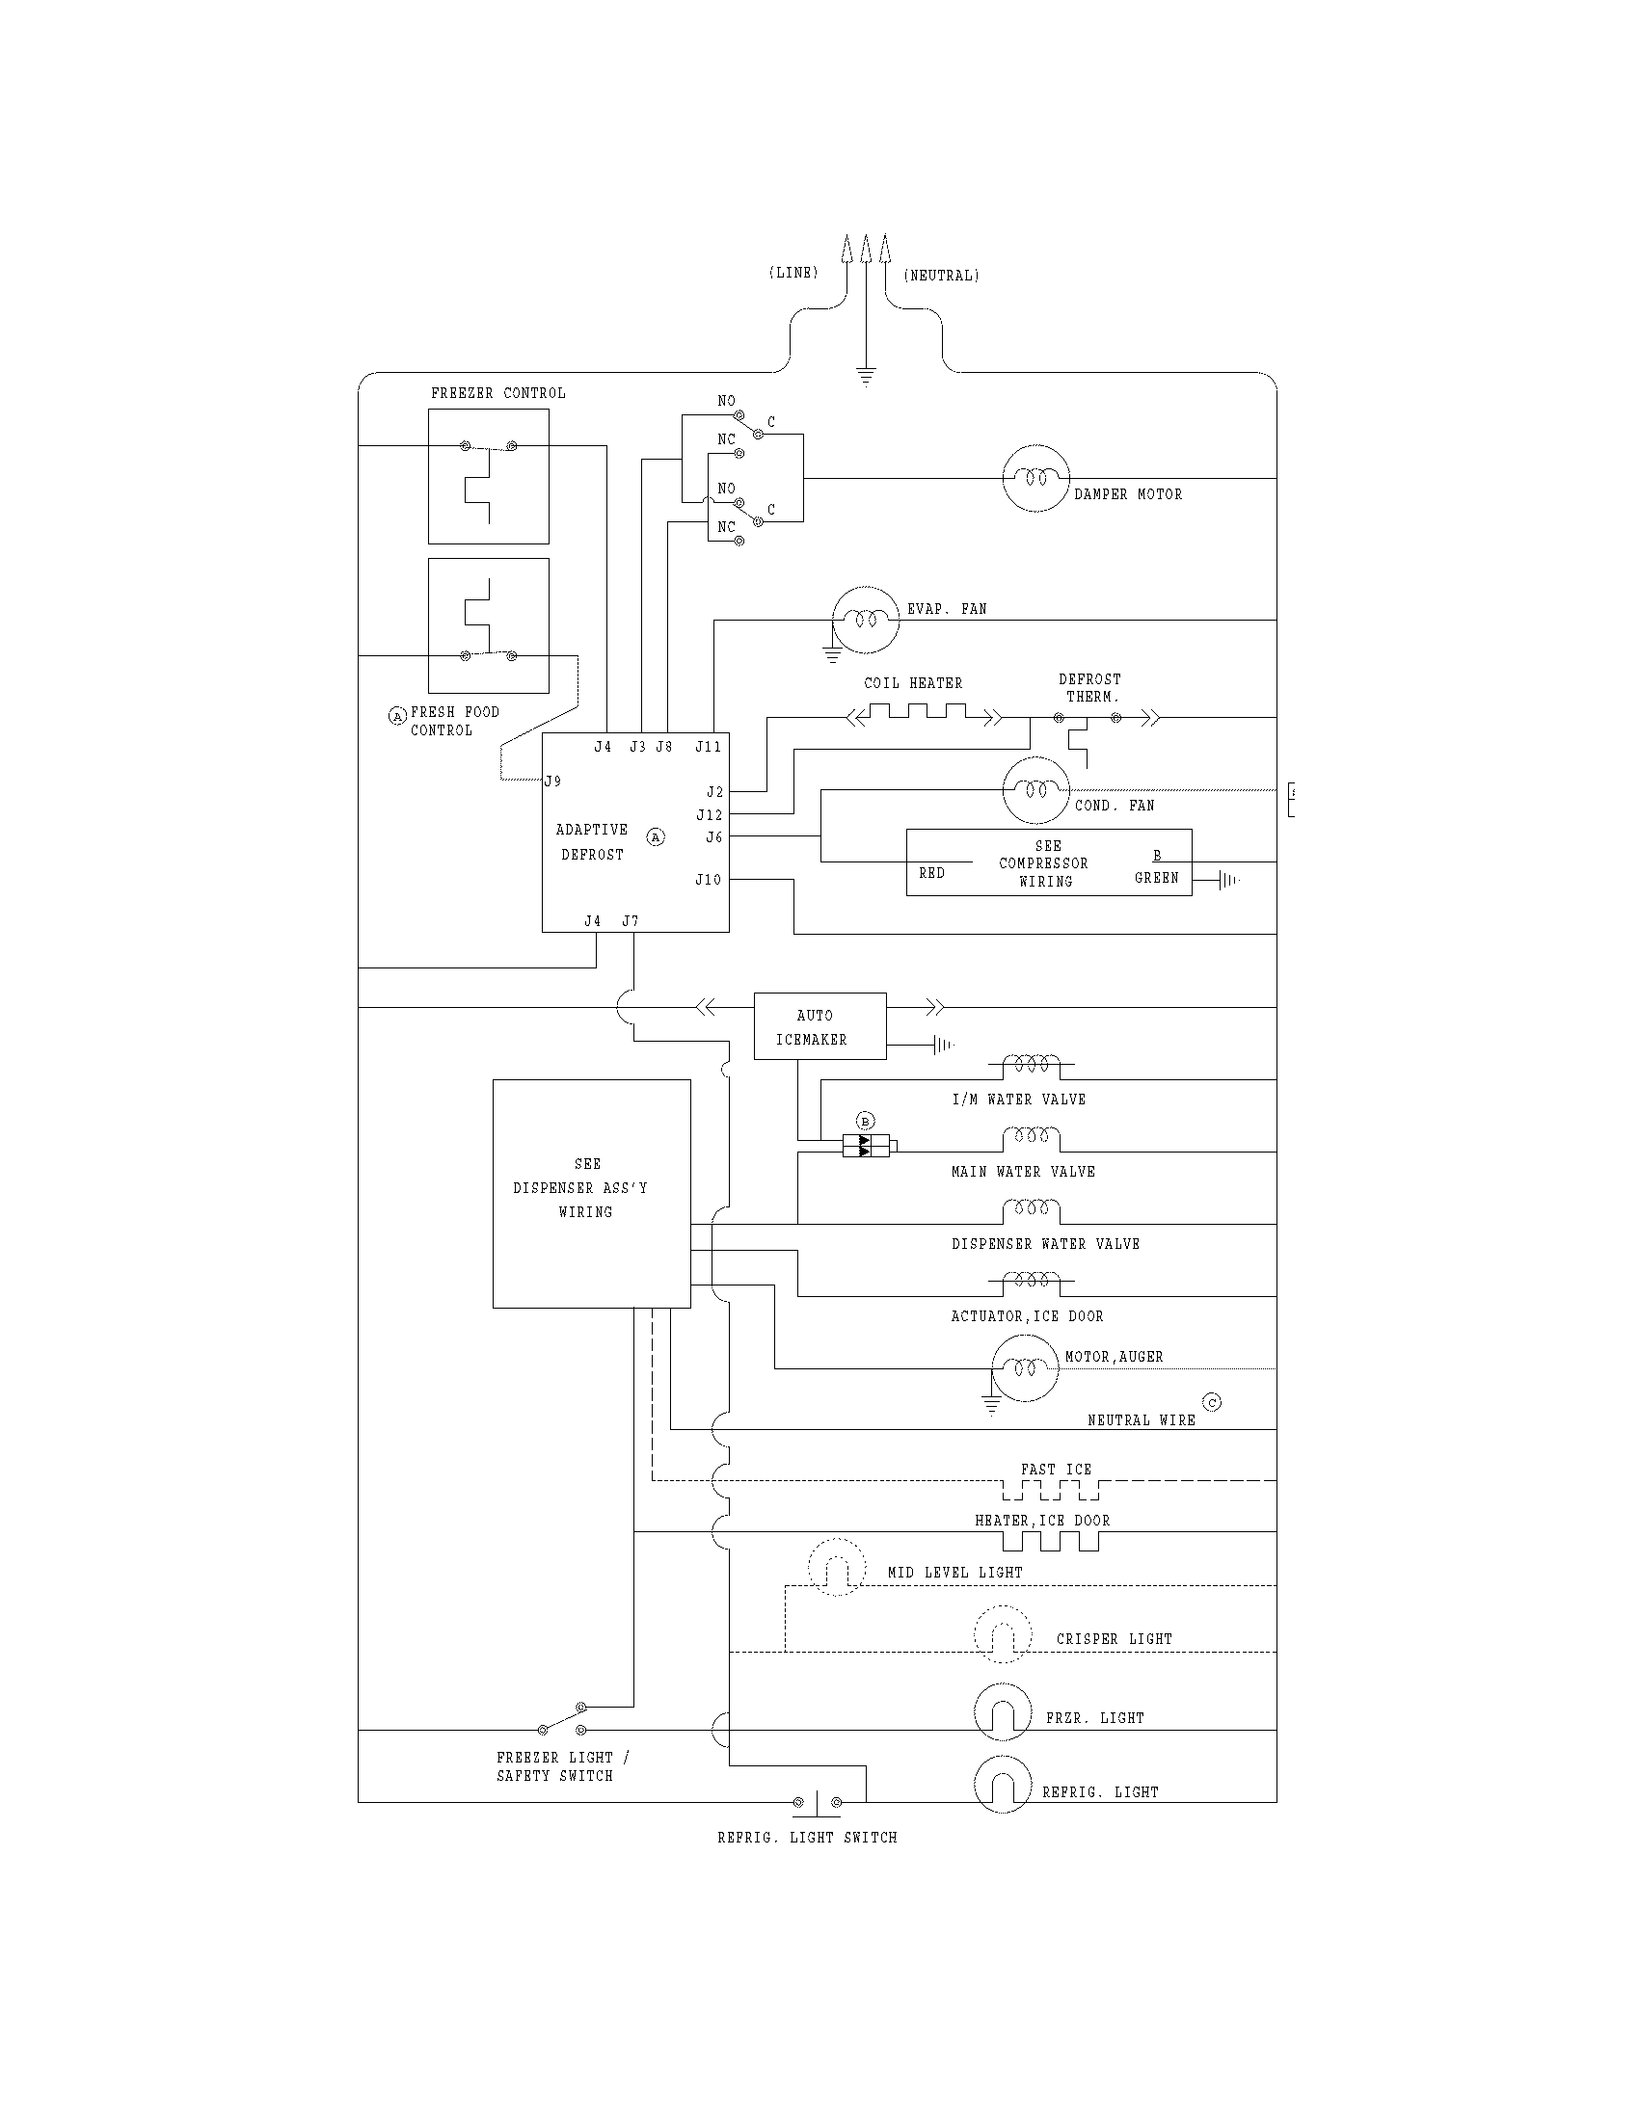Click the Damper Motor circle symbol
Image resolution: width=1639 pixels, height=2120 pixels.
click(x=1035, y=478)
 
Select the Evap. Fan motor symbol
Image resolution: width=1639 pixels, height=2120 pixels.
click(x=865, y=620)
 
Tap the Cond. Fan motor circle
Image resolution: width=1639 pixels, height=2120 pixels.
click(x=1035, y=790)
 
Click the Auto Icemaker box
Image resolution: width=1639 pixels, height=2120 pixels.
click(x=819, y=1026)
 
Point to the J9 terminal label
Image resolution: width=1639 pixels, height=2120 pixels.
click(x=552, y=781)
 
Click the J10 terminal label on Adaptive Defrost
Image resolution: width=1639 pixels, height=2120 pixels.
click(x=708, y=880)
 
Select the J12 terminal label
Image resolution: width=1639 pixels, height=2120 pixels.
click(x=709, y=814)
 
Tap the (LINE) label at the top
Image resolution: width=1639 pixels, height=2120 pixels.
click(x=793, y=273)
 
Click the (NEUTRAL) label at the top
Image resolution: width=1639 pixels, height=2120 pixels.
click(x=941, y=276)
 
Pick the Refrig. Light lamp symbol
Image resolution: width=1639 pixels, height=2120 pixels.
click(x=1002, y=1784)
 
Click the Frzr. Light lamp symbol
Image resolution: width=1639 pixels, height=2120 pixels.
click(x=1002, y=1711)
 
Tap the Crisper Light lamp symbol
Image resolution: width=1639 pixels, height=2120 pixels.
click(x=1002, y=1633)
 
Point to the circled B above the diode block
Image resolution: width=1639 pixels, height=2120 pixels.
click(x=866, y=1121)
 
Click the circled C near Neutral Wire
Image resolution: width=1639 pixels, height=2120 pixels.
click(x=1211, y=1402)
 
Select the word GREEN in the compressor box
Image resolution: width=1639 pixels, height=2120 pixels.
click(x=1155, y=878)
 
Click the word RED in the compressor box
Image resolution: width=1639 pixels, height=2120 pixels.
click(x=931, y=873)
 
